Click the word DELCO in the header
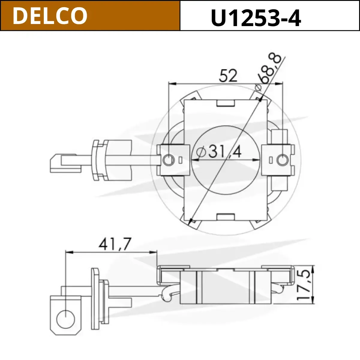[x=50, y=16]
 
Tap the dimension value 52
[x=228, y=75]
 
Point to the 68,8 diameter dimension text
[x=269, y=68]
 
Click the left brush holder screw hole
[x=169, y=160]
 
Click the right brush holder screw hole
[x=282, y=160]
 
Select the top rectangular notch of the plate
[x=226, y=103]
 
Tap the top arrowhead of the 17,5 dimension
[x=313, y=269]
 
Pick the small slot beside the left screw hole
[x=180, y=160]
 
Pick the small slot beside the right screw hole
[x=271, y=160]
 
